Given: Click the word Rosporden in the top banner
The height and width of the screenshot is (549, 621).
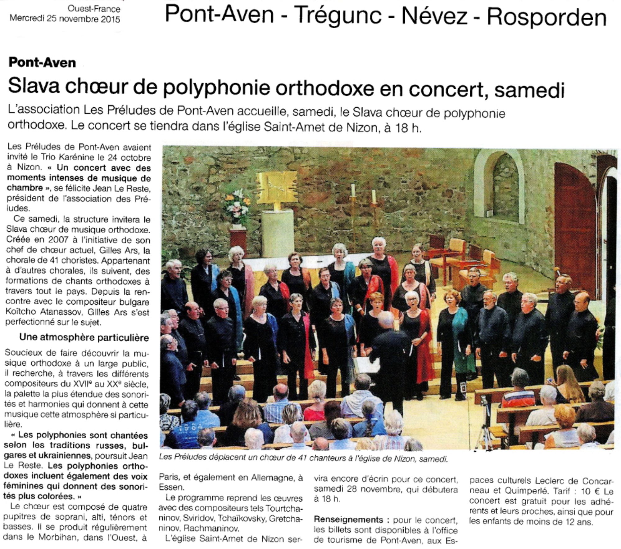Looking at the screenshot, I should pyautogui.click(x=546, y=17).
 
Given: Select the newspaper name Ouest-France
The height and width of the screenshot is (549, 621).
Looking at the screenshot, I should pyautogui.click(x=94, y=9).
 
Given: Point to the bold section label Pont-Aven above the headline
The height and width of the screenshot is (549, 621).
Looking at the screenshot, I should pyautogui.click(x=42, y=63).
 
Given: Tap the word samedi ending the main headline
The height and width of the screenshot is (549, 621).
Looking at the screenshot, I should pyautogui.click(x=529, y=89).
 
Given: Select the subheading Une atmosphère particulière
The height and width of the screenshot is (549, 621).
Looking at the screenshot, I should pyautogui.click(x=84, y=337).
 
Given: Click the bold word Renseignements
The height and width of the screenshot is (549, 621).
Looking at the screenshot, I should pyautogui.click(x=348, y=520).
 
